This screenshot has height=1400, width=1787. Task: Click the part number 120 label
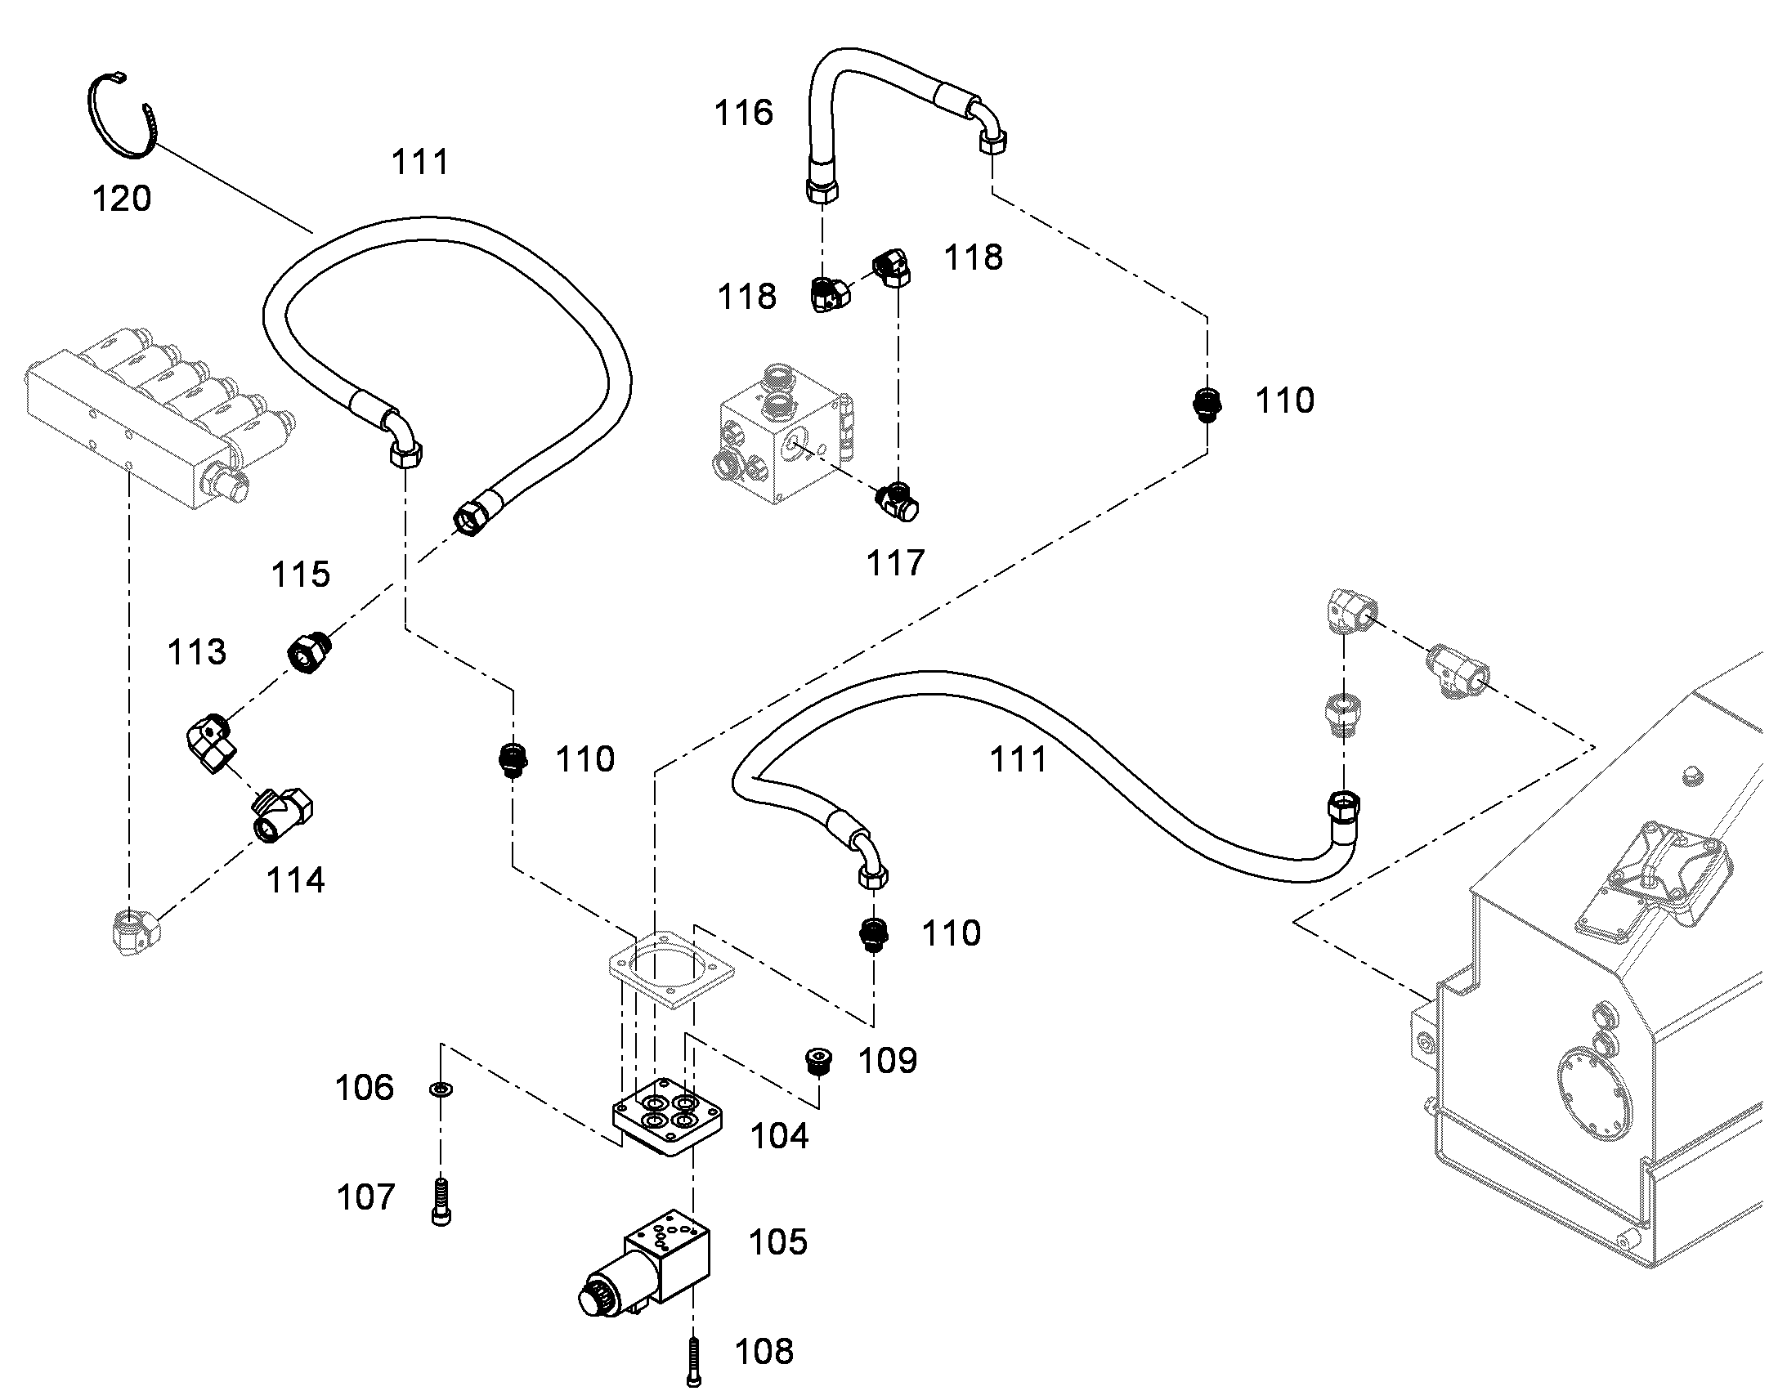click(122, 199)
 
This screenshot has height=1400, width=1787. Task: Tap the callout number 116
click(743, 113)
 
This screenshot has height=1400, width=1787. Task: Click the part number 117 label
click(896, 563)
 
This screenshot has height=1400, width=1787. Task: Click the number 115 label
click(301, 575)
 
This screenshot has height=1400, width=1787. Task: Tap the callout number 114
click(296, 880)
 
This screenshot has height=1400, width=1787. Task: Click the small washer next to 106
click(441, 1089)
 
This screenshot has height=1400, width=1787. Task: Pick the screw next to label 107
click(441, 1201)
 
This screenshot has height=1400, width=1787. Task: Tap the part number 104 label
click(780, 1137)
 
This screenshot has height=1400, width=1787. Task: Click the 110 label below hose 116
click(1284, 400)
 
